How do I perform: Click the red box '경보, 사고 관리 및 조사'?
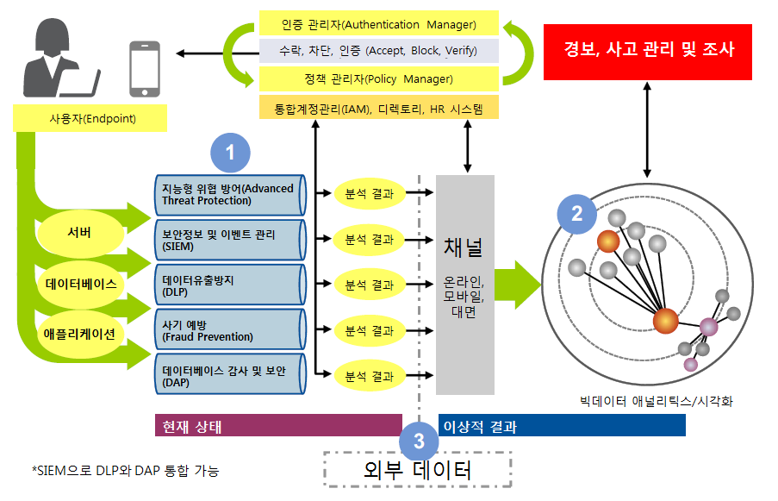tap(649, 50)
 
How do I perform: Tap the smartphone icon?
tap(144, 67)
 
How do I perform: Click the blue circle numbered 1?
tap(230, 153)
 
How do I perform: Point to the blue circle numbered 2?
tap(576, 212)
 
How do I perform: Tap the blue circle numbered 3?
tap(419, 442)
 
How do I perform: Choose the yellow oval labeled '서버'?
tap(78, 234)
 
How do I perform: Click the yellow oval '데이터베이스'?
tap(80, 283)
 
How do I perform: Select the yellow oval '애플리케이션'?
tap(78, 332)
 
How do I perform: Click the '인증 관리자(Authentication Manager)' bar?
tap(379, 23)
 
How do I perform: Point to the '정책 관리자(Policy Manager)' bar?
tap(379, 79)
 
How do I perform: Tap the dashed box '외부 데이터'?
tap(418, 471)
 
